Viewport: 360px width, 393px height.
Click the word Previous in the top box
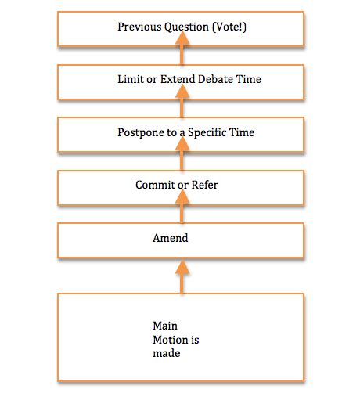pos(139,27)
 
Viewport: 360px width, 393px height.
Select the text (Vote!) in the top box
pos(229,27)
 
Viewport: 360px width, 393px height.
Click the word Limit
pos(131,79)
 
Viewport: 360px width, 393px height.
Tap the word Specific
pos(207,132)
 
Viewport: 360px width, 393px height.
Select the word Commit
pos(153,185)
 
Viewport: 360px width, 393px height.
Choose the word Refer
pos(205,185)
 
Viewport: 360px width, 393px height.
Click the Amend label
pos(171,238)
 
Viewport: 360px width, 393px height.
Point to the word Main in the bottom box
pos(165,326)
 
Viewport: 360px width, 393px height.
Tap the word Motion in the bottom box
pos(170,340)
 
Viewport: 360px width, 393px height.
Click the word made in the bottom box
pos(167,353)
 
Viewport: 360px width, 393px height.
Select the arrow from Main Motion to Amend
pos(182,277)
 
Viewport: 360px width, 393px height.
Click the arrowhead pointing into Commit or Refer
pos(182,196)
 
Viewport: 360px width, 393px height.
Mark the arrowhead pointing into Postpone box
pos(182,144)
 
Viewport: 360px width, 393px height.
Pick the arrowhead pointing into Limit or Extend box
pos(182,91)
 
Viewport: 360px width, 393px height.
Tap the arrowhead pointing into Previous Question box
pos(182,38)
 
